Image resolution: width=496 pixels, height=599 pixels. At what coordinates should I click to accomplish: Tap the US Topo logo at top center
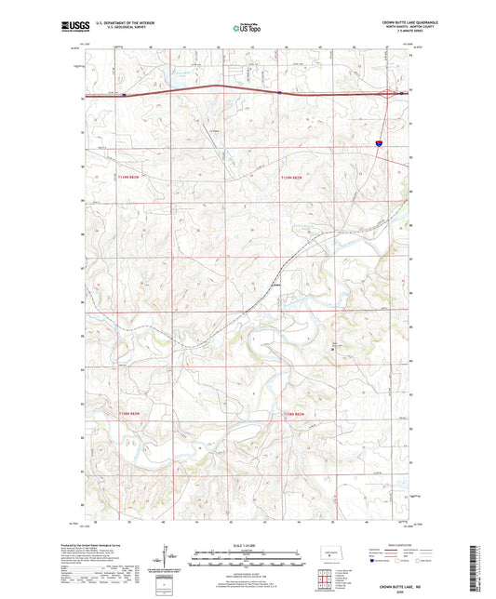(248, 28)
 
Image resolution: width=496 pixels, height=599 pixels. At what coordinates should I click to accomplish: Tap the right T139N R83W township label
(292, 177)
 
